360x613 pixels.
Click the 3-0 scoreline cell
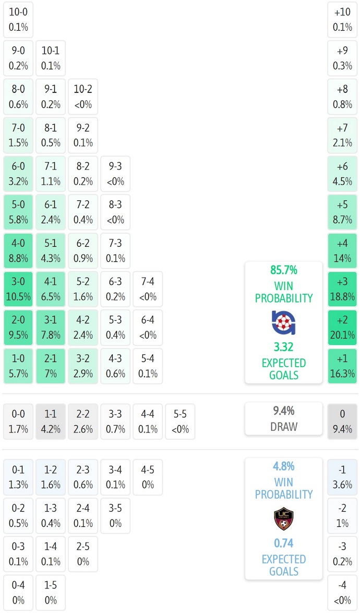pos(18,290)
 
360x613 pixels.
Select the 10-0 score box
pos(18,19)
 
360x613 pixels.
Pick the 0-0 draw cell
pos(18,422)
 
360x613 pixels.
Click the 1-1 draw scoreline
pos(51,422)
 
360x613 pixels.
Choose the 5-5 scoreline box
pos(180,422)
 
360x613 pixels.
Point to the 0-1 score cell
pos(18,477)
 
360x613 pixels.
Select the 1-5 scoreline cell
pos(51,592)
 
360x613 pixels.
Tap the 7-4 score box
pos(148,290)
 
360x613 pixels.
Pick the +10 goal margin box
pos(342,19)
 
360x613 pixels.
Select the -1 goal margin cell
pos(342,477)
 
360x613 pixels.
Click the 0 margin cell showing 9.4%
pos(342,422)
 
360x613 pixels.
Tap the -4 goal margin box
pos(342,592)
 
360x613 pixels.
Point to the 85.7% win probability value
pos(284,270)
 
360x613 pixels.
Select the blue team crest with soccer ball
pos(284,322)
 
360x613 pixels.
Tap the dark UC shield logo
pos(284,519)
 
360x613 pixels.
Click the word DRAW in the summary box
pos(284,427)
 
